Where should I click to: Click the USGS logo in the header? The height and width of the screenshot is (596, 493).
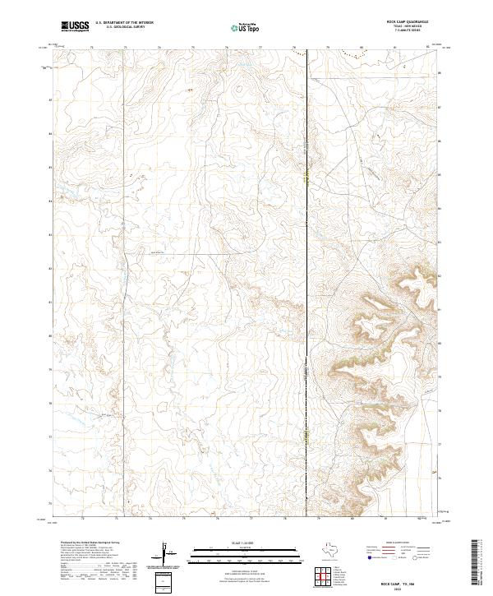click(76, 26)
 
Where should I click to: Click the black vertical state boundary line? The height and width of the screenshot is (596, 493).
click(307, 247)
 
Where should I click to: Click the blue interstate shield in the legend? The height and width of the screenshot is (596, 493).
click(369, 557)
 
